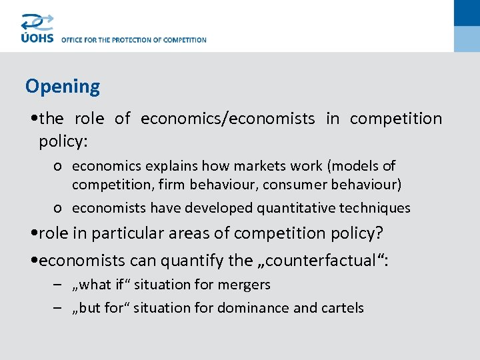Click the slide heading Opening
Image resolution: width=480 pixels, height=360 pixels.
pyautogui.click(x=63, y=87)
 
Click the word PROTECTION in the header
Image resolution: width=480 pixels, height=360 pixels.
pyautogui.click(x=131, y=40)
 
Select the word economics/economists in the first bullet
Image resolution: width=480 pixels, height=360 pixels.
pyautogui.click(x=227, y=119)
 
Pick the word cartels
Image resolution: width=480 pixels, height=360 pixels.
pyautogui.click(x=343, y=307)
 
